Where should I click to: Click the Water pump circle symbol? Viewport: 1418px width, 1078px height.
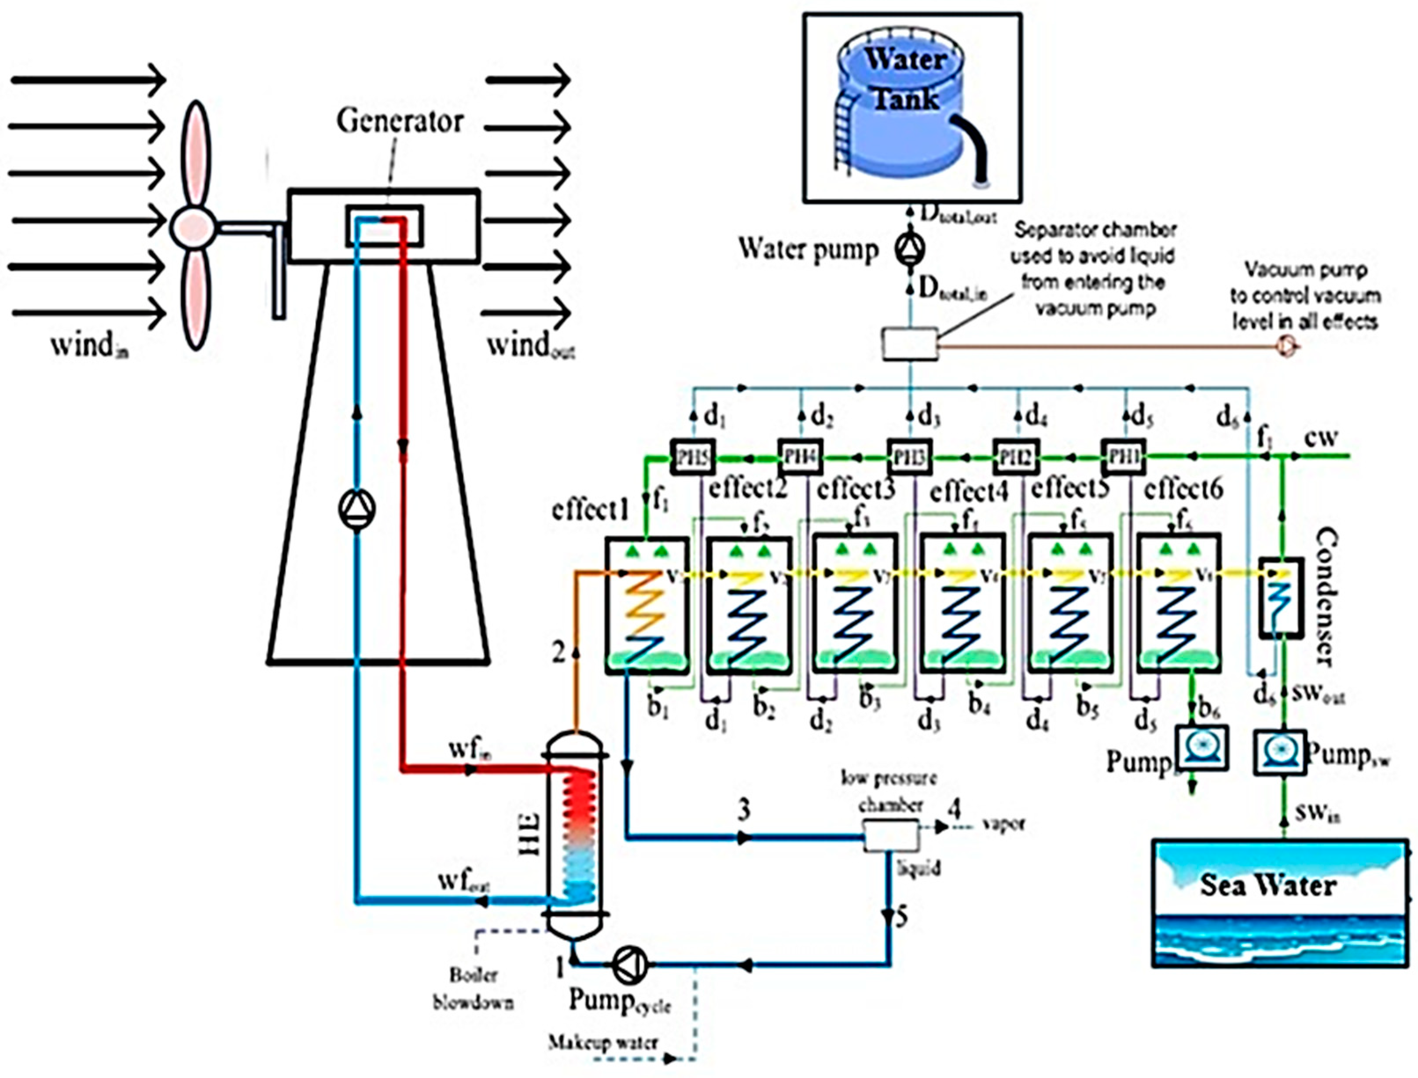coord(910,249)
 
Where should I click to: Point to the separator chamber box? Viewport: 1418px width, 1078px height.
coord(909,344)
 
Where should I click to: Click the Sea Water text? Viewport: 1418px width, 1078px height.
coord(1268,885)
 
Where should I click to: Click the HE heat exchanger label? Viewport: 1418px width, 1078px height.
coord(530,834)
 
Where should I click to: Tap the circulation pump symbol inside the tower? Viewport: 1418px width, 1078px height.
coord(357,509)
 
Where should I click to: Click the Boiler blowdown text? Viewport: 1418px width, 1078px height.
coord(474,989)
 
